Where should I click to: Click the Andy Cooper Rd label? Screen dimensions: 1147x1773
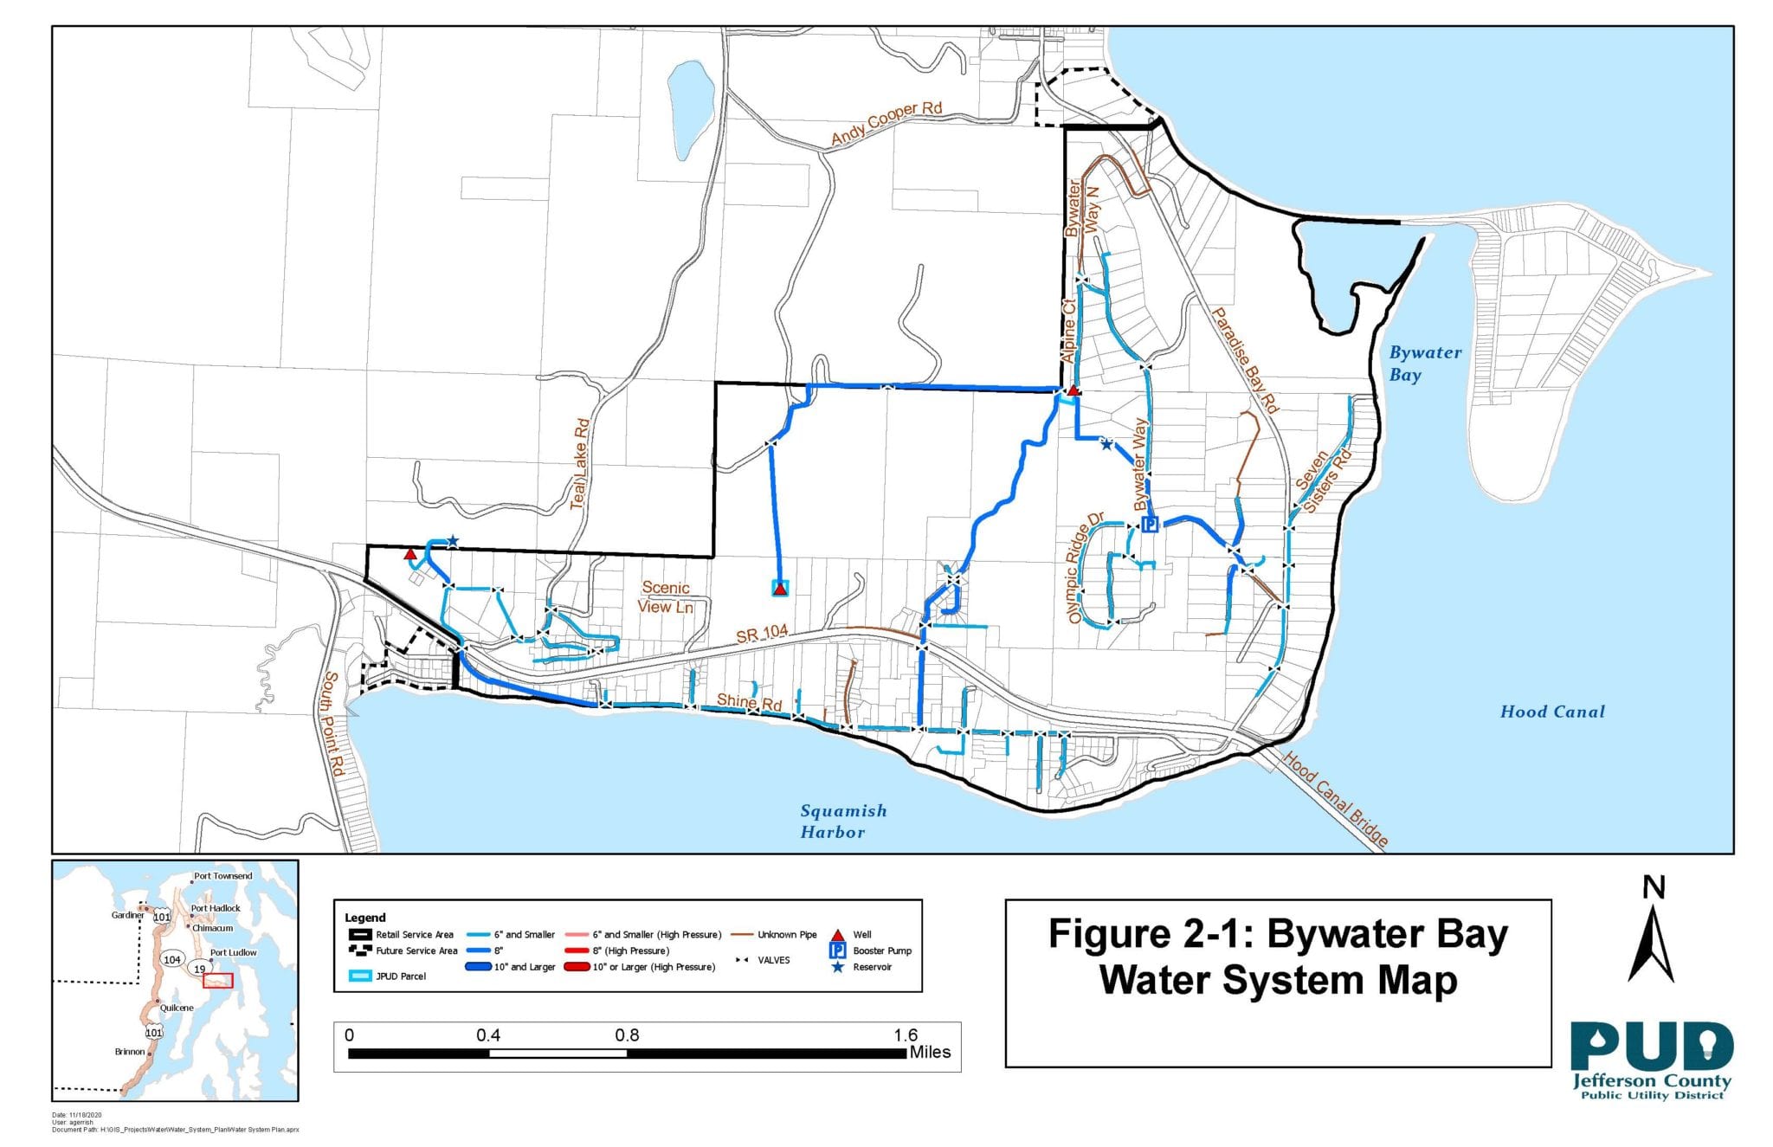point(886,124)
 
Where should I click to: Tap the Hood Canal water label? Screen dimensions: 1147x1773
point(1552,712)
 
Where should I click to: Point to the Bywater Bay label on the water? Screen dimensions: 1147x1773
point(1424,364)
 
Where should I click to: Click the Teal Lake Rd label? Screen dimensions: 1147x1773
point(580,464)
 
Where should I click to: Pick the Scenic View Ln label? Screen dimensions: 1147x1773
point(666,597)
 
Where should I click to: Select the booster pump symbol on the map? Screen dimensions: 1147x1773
point(1150,524)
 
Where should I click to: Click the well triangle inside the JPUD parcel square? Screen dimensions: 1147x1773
point(780,589)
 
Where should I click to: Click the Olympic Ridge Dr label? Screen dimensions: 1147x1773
point(1086,568)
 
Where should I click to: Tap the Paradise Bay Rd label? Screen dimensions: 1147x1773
point(1244,359)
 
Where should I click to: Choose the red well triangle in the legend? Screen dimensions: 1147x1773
point(837,935)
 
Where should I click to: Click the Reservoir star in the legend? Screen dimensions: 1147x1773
point(837,967)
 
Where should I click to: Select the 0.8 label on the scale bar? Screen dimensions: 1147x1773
point(627,1035)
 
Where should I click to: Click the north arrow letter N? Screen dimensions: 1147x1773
point(1654,887)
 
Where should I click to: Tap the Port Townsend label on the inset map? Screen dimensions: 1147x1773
point(222,876)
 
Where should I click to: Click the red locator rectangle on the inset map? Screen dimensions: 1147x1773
point(218,981)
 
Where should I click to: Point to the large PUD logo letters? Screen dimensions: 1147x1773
point(1651,1048)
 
